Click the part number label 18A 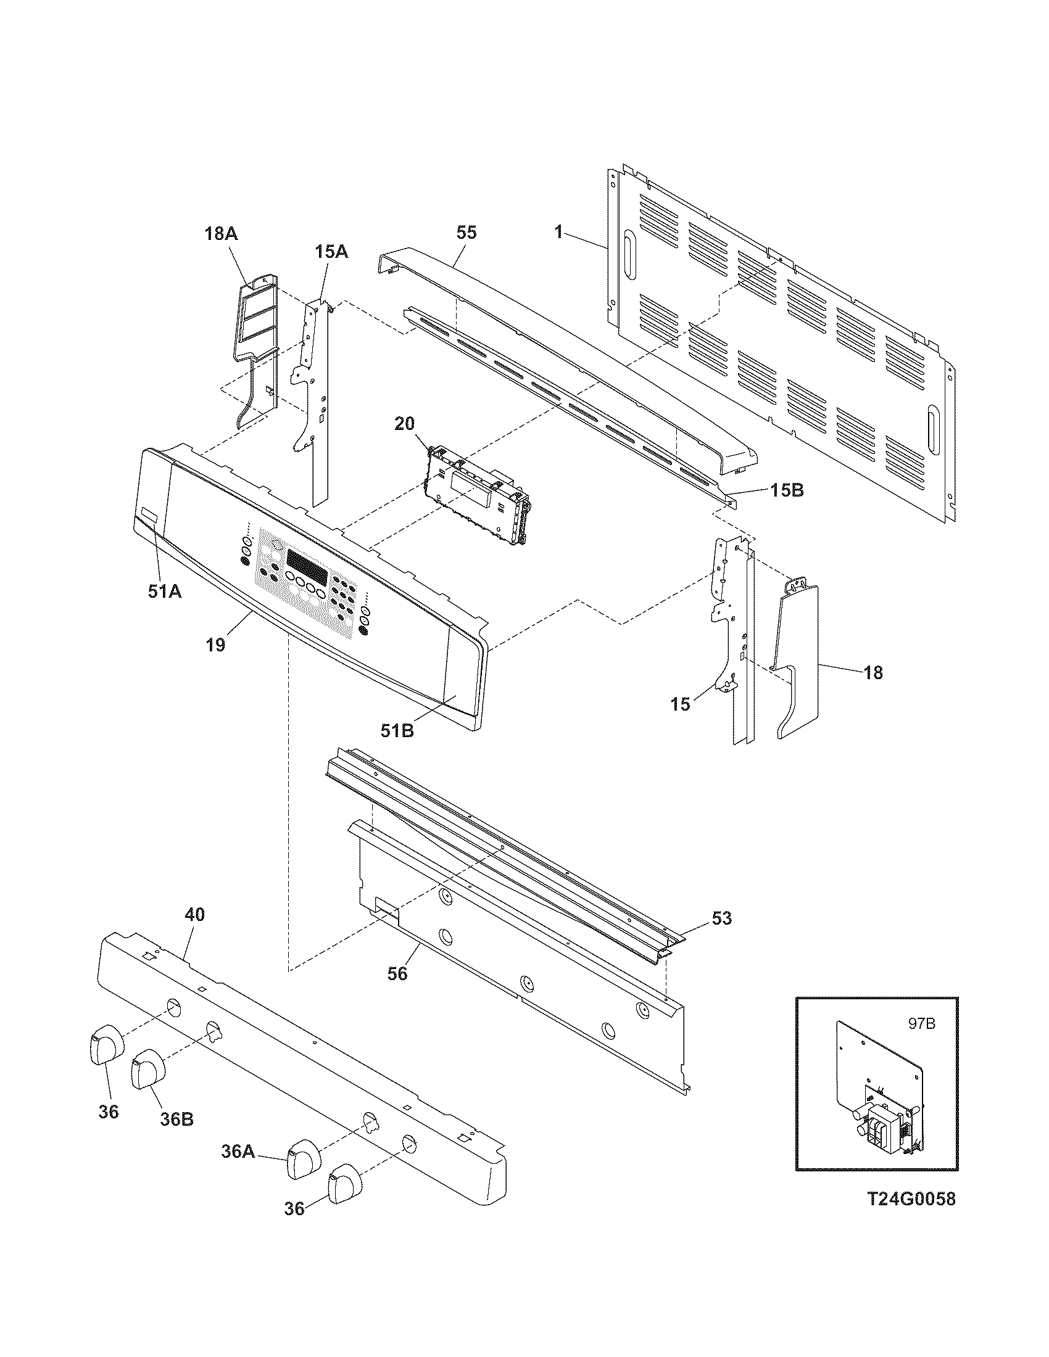(222, 234)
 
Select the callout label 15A (331, 252)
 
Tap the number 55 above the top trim (466, 233)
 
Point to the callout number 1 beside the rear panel (558, 233)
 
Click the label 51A (165, 592)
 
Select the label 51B (397, 731)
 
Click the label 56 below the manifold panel (397, 973)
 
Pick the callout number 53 (721, 918)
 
